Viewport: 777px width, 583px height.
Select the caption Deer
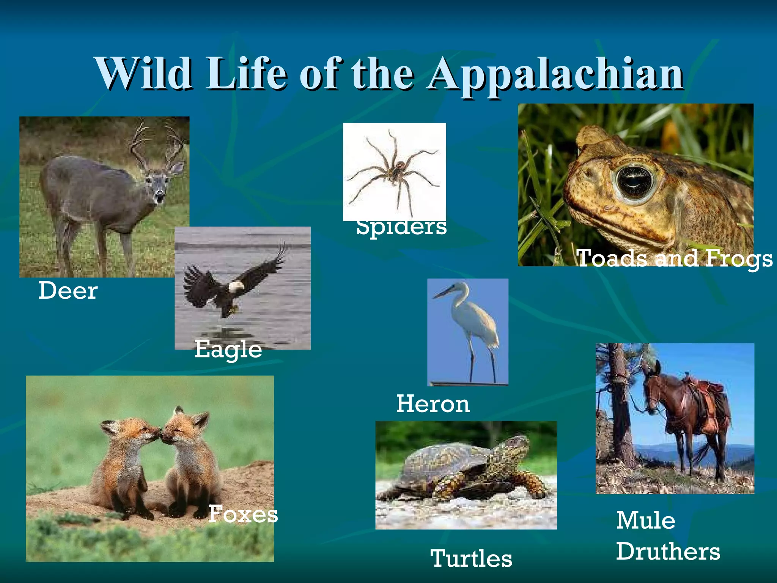[x=68, y=291]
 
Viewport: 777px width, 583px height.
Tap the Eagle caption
[x=228, y=349]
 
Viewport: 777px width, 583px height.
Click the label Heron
[x=433, y=403]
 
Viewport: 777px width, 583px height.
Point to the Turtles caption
[x=471, y=558]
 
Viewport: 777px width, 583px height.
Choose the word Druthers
[x=668, y=551]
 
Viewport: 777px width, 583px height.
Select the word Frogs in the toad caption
[x=738, y=259]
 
